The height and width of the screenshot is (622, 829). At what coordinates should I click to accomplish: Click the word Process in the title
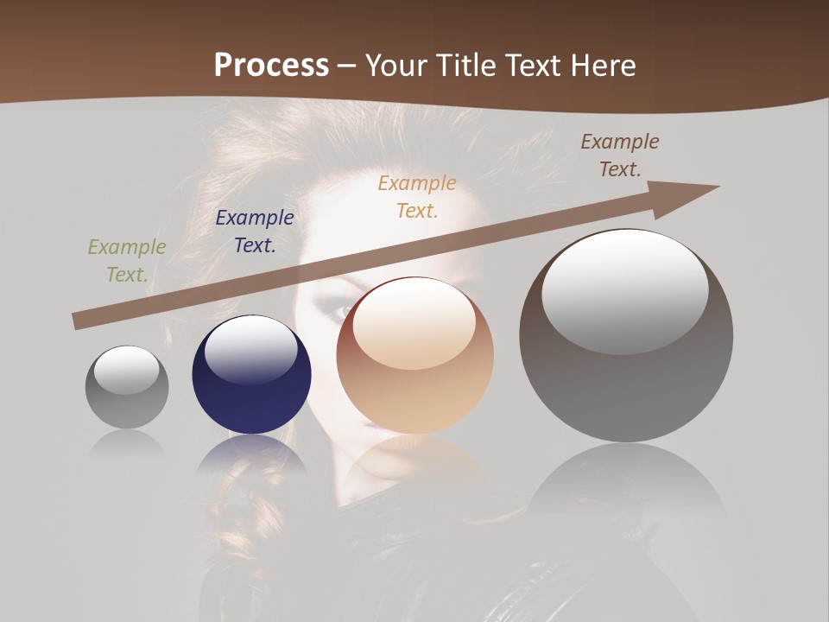coord(271,66)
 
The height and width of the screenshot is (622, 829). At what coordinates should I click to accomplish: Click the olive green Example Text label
coord(127,261)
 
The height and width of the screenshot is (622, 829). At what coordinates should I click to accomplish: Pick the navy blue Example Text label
coord(255,232)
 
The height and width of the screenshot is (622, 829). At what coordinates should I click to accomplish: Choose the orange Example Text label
coord(417,196)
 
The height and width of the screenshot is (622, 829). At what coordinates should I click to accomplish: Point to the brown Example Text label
coord(620,155)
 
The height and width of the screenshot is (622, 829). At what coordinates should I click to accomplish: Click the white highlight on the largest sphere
coord(624,291)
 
